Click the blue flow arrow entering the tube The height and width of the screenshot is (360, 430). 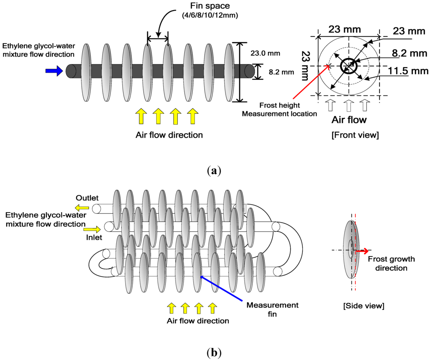(x=53, y=71)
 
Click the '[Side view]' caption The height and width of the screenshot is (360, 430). (x=363, y=306)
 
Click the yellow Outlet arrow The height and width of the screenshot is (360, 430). (x=82, y=208)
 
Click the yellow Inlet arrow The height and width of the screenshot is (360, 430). (x=92, y=229)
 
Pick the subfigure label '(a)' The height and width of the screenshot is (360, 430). (x=214, y=171)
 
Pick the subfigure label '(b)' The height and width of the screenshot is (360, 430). (x=214, y=352)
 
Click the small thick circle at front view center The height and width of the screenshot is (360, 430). (x=348, y=66)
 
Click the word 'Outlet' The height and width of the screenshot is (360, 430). (x=87, y=197)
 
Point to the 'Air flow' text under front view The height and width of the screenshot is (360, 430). (x=349, y=120)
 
